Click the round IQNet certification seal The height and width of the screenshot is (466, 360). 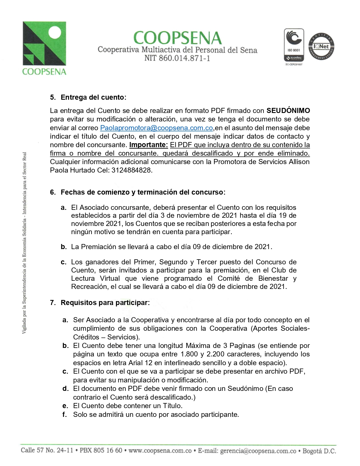click(x=321, y=46)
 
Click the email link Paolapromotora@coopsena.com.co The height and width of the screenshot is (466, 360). click(x=156, y=128)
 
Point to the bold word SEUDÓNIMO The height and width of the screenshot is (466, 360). click(x=288, y=111)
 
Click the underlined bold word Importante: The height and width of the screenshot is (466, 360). click(x=149, y=145)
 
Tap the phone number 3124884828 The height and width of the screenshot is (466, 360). click(x=132, y=170)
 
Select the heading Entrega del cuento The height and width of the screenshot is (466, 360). click(x=92, y=97)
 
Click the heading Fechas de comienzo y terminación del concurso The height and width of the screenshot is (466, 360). click(x=142, y=192)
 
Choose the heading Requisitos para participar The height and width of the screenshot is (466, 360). click(x=104, y=303)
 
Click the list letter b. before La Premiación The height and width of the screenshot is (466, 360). click(x=64, y=247)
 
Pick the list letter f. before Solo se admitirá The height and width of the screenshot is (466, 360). click(x=65, y=415)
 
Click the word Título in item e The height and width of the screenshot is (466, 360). click(x=172, y=406)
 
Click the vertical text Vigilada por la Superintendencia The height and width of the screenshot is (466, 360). click(x=25, y=243)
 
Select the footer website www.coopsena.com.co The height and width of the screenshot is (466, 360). click(x=160, y=451)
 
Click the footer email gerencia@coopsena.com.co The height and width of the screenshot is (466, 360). click(x=258, y=451)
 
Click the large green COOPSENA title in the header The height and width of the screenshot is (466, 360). click(x=177, y=38)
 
